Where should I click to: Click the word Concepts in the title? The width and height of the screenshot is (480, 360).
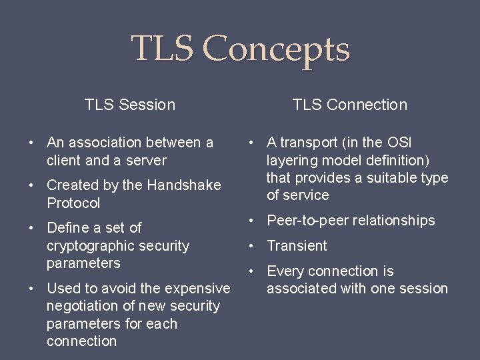click(x=275, y=49)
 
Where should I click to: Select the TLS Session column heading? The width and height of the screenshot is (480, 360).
click(x=130, y=105)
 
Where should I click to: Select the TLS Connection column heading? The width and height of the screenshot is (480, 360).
click(x=350, y=105)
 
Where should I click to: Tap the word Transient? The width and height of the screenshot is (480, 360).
click(x=297, y=246)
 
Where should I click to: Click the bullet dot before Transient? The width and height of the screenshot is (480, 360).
click(x=251, y=246)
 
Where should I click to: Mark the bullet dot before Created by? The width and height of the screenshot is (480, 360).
click(x=31, y=185)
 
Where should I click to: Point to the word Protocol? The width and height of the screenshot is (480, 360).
click(x=73, y=203)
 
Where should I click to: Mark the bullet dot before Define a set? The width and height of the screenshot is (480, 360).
click(x=31, y=228)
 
